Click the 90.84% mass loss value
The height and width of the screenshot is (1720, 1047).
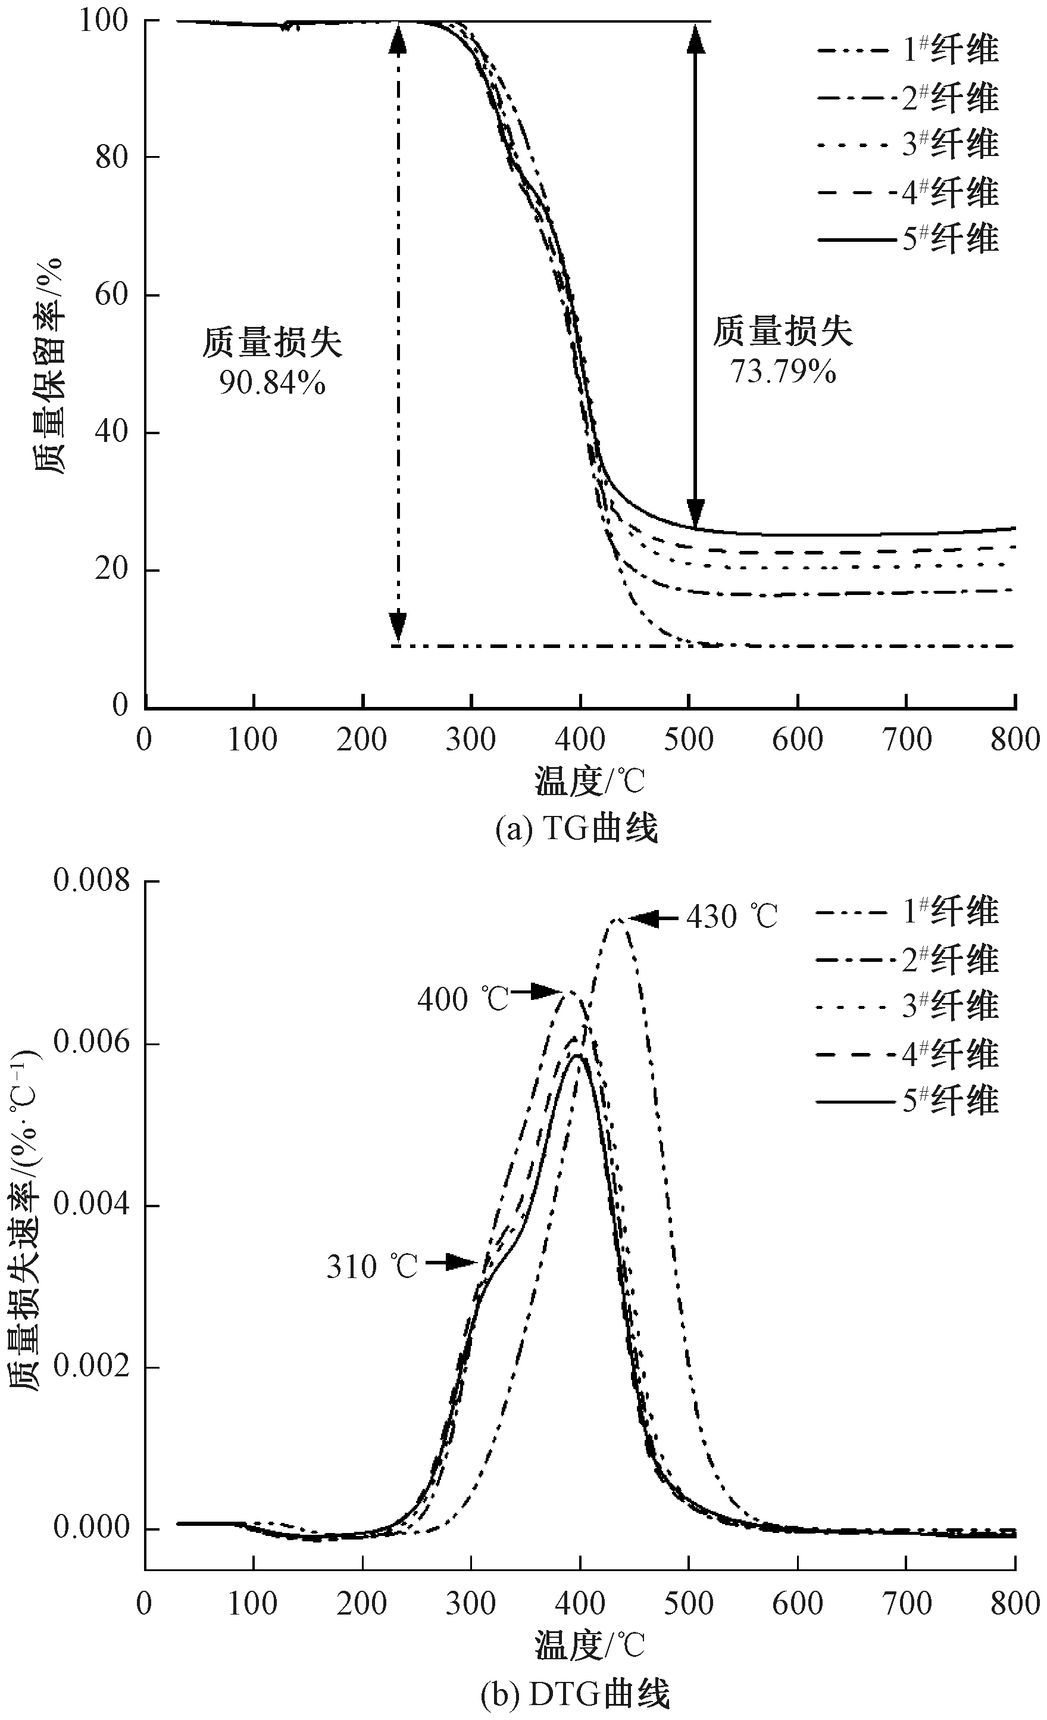coord(272,382)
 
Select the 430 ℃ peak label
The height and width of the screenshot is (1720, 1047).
coord(731,917)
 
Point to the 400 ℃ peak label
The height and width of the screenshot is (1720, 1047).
coord(463,999)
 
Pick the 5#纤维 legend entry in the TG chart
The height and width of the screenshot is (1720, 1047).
coord(950,239)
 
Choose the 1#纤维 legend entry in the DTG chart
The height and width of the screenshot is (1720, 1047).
coord(950,912)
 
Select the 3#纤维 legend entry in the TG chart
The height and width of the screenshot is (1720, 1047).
coord(950,144)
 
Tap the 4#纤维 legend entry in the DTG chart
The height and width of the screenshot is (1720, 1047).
coord(950,1054)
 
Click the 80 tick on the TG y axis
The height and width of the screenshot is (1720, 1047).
coord(112,157)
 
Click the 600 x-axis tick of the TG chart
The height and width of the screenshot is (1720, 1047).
coord(797,739)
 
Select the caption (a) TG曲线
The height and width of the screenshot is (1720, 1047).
coord(576,829)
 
